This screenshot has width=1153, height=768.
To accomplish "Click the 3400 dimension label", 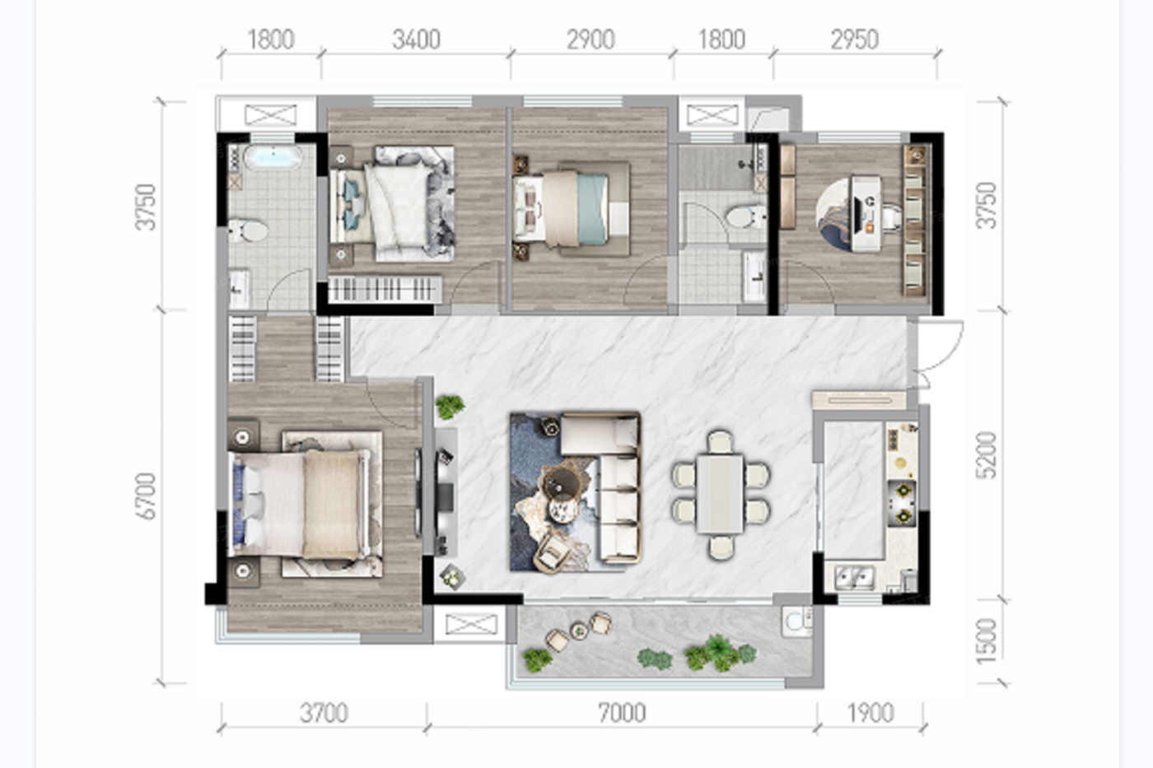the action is coord(416,40).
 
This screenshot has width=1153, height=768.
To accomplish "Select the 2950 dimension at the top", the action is coord(855,40).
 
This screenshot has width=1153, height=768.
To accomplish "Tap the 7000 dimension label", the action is coord(622,713).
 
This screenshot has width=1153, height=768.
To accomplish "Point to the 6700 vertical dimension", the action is coord(147,496).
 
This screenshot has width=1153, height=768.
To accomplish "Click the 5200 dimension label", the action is coord(987,455).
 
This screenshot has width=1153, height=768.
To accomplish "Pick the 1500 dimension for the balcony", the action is coord(987,641).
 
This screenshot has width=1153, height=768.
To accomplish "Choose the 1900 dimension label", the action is coord(871,713).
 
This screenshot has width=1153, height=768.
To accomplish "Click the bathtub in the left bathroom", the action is coord(273,156).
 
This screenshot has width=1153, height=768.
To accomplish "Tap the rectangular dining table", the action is coord(720,494).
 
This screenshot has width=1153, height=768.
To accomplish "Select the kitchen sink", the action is coord(855,577).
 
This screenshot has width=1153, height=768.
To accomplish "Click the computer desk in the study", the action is coord(866,214).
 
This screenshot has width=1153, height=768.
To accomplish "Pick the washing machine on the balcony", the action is coord(796,621).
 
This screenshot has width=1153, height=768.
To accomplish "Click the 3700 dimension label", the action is coord(324,713).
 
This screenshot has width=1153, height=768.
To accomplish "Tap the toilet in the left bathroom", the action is coord(248,230).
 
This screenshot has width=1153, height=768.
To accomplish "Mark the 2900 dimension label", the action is coord(591,40).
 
